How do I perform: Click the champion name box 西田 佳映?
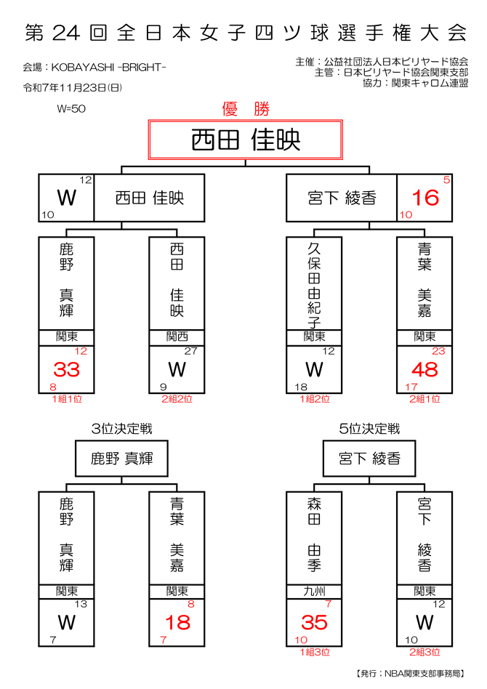(x=246, y=140)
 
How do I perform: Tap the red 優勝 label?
(x=246, y=109)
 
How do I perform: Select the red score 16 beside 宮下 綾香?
(x=425, y=198)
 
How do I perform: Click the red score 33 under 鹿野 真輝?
(x=67, y=370)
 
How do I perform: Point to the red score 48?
(x=425, y=370)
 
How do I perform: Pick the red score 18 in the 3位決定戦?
(x=177, y=623)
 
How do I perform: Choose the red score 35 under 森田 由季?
(x=314, y=623)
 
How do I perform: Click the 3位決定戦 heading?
(x=122, y=430)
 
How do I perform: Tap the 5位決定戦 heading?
(x=369, y=430)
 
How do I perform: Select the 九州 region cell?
(x=314, y=591)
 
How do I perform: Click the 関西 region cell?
(x=177, y=337)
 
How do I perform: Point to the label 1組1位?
(x=67, y=398)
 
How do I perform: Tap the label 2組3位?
(x=425, y=652)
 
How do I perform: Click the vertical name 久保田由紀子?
(x=314, y=283)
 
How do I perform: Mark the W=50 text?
(x=71, y=110)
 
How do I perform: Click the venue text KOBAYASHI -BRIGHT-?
(x=95, y=68)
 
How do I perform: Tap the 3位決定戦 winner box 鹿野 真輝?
(x=122, y=459)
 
